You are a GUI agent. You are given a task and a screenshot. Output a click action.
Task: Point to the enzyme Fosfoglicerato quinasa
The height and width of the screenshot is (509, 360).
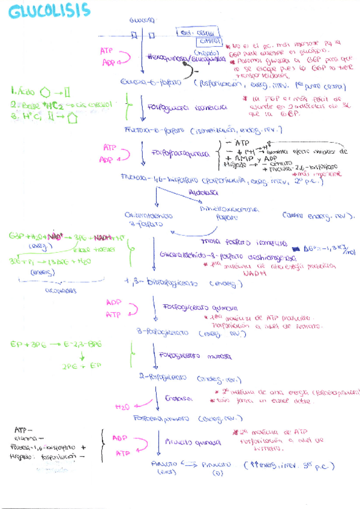pos(192,306)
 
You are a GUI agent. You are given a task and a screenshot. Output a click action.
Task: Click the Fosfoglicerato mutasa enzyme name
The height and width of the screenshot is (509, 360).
pos(194,356)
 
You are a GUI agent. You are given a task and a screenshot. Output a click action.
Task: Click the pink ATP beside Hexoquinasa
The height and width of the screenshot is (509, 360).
pos(107,52)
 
